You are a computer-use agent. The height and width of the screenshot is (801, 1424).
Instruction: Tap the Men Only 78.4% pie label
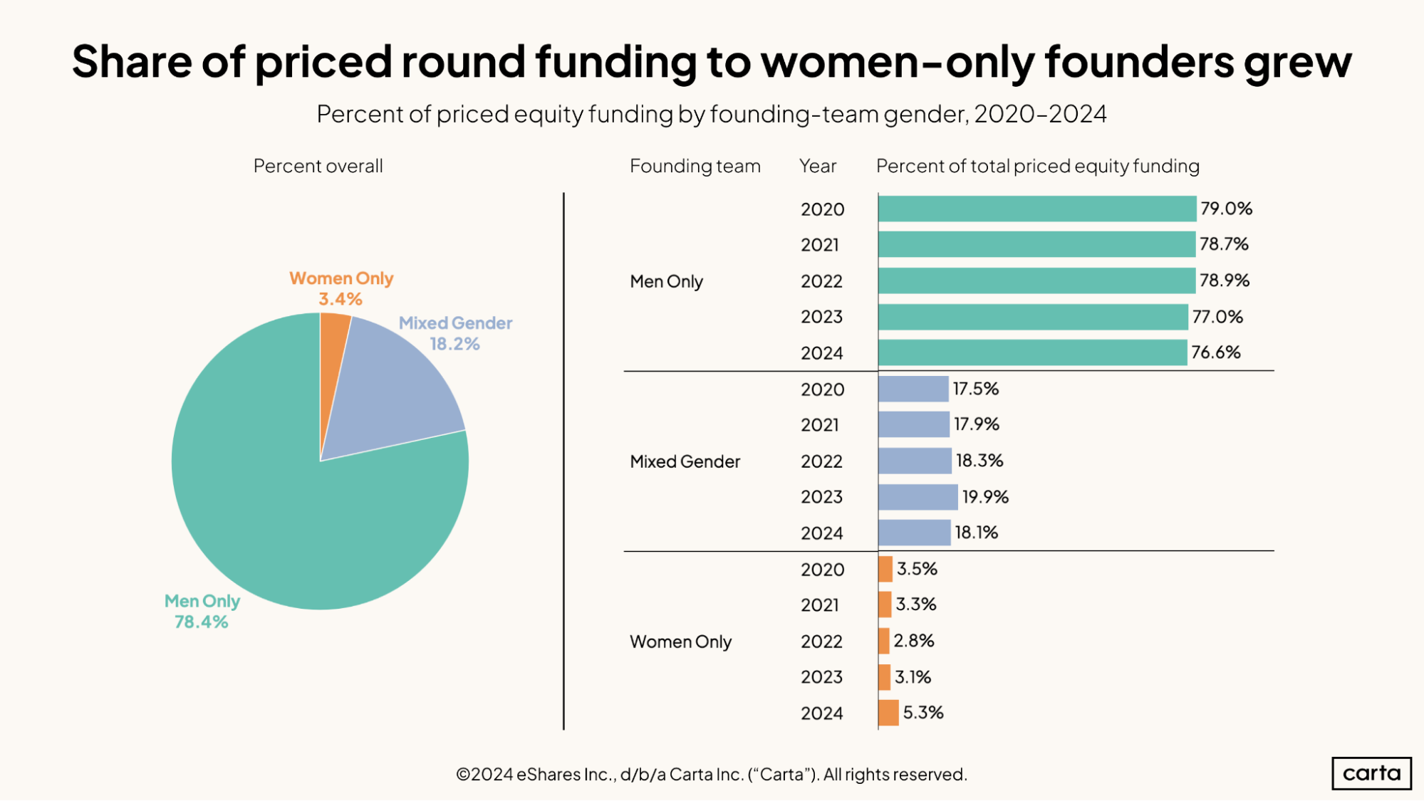(x=202, y=612)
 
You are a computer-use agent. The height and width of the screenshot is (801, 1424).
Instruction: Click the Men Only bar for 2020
(x=1036, y=209)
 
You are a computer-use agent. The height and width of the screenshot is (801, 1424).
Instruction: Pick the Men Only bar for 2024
(x=1032, y=352)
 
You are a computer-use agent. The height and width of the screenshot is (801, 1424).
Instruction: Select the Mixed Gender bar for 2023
(x=918, y=497)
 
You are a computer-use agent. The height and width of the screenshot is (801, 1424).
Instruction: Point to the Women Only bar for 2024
(x=888, y=713)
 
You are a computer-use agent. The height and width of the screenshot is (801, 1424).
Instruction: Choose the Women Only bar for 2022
(x=884, y=641)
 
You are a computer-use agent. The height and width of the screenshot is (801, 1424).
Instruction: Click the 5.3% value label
(x=923, y=713)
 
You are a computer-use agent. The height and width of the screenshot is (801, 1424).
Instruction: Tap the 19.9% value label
(x=985, y=497)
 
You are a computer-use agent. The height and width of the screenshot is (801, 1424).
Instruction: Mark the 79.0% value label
(x=1226, y=209)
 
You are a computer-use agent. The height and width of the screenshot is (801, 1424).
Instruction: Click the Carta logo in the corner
(x=1371, y=773)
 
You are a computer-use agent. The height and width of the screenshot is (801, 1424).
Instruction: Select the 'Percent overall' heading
(x=318, y=166)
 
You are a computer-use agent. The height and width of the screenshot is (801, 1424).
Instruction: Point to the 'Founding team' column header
(x=695, y=166)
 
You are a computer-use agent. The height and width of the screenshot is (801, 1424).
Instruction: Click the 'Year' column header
(x=817, y=166)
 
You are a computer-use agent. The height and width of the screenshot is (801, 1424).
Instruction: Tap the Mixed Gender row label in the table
(x=685, y=461)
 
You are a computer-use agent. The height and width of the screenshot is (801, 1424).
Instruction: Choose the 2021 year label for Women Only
(x=819, y=605)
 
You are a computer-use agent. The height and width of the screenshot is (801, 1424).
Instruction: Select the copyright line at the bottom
(x=711, y=774)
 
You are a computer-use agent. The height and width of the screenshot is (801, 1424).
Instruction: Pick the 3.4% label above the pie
(x=340, y=299)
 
